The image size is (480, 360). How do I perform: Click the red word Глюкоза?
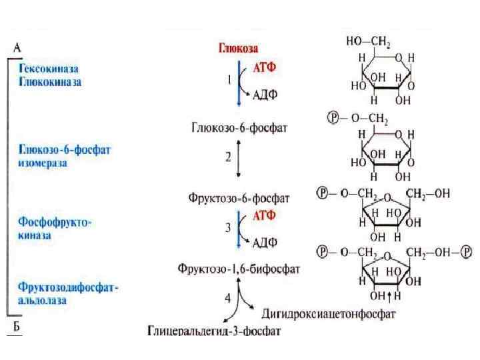coord(239,48)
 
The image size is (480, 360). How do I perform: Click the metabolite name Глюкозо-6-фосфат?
coord(239,127)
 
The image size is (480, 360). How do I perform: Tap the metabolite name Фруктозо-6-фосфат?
coord(239,198)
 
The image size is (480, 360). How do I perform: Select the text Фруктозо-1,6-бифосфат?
coord(238,269)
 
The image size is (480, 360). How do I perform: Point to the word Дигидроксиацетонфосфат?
coord(329,312)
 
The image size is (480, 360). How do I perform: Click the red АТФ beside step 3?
coord(265,215)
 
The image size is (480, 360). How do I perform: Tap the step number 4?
coord(228,298)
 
